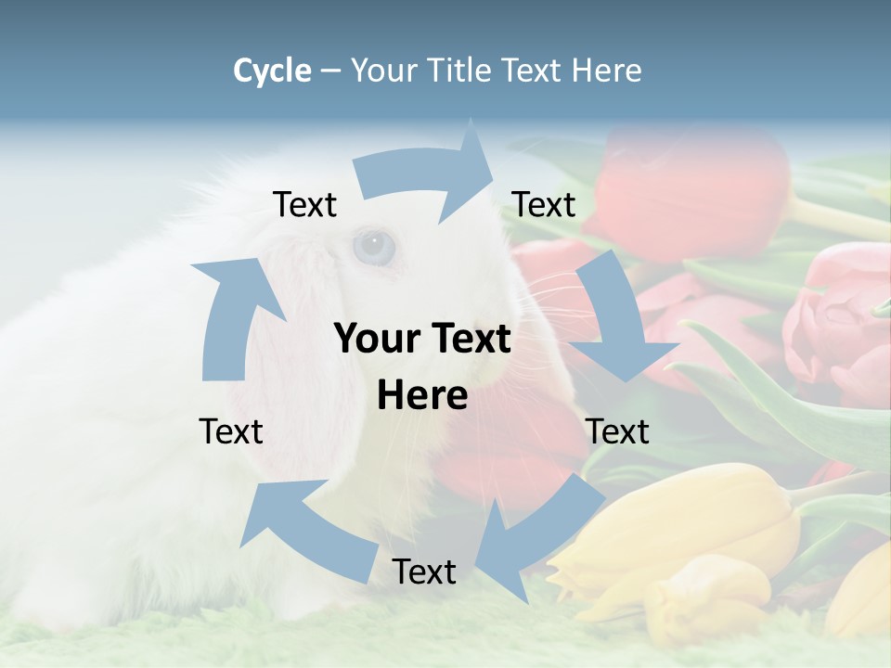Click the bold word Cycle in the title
pyautogui.click(x=272, y=71)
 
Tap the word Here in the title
pyautogui.click(x=608, y=71)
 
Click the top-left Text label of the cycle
pyautogui.click(x=304, y=205)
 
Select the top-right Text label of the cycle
pyautogui.click(x=544, y=204)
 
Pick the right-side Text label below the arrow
pyautogui.click(x=617, y=431)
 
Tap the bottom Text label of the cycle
pyautogui.click(x=424, y=572)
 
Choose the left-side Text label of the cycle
pyautogui.click(x=231, y=431)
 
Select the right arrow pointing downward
pyautogui.click(x=617, y=325)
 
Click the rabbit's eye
pyautogui.click(x=374, y=246)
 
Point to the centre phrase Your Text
pyautogui.click(x=422, y=339)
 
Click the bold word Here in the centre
pyautogui.click(x=422, y=396)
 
